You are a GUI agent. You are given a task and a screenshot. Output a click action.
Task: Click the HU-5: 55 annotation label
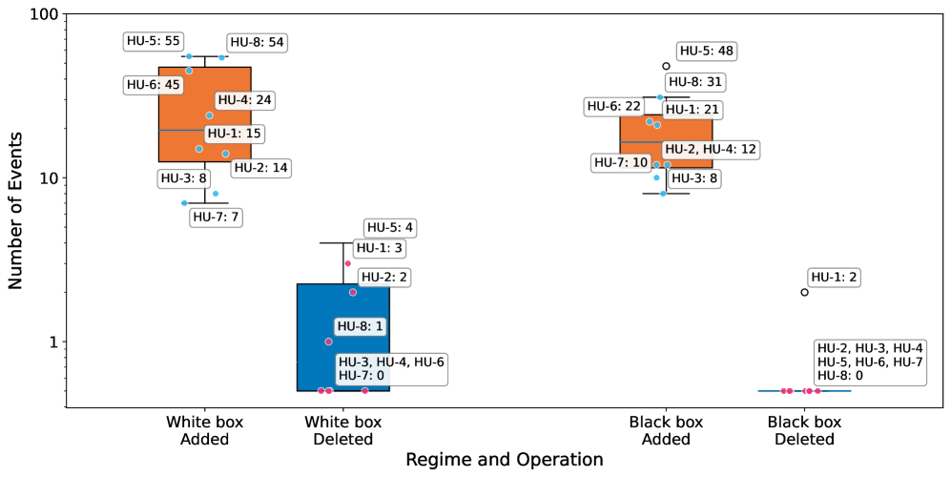point(154,42)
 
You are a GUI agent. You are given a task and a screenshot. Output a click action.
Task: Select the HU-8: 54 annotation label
point(257,42)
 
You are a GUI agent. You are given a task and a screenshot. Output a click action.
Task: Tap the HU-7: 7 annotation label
point(217,217)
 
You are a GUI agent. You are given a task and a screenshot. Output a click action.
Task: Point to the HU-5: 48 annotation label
point(707,51)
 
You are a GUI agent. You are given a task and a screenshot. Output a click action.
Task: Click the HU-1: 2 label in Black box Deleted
point(834,277)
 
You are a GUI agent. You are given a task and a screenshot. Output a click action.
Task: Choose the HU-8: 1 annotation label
point(361,325)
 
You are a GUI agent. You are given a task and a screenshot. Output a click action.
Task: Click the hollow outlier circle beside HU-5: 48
point(666,67)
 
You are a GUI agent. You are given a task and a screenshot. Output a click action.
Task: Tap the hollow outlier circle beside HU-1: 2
point(804,293)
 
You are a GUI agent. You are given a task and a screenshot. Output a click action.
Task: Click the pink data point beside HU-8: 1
point(328,342)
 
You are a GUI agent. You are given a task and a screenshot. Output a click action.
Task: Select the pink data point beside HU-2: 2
point(353,292)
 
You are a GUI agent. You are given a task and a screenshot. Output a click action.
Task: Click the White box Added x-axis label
point(204,430)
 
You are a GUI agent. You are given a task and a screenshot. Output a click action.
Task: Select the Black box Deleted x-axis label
point(804,430)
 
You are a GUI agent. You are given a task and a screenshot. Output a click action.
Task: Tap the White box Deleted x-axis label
point(342,430)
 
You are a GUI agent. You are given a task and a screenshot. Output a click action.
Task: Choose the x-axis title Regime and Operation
point(504,460)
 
